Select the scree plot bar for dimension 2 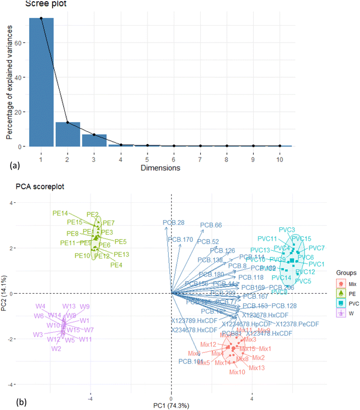(x=68, y=134)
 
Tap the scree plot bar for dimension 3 (x=94, y=140)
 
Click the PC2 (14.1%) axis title (x=6, y=293)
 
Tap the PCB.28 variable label (x=174, y=223)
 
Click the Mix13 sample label (x=257, y=368)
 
